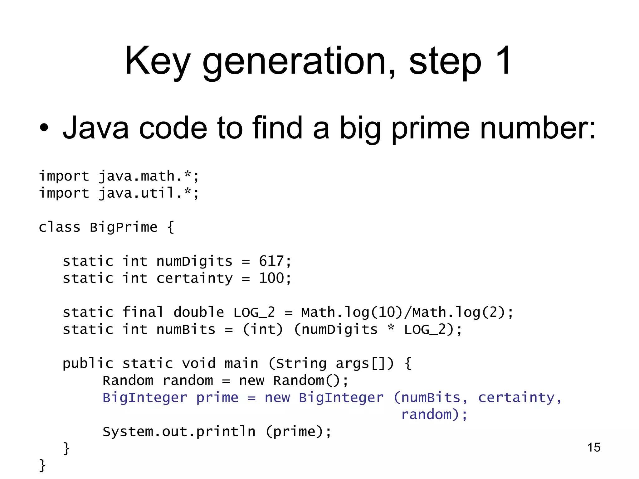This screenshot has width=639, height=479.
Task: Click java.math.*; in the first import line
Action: point(149,177)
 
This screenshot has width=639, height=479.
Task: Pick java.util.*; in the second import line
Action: point(149,193)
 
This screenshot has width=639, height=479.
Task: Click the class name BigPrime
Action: point(124,227)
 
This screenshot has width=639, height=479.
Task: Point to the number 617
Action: point(271,261)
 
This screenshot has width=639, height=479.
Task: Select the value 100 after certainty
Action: point(271,278)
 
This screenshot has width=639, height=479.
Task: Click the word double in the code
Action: point(199,312)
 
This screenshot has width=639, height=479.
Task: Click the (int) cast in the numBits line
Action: point(263,330)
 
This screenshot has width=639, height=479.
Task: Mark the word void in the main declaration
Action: point(199,364)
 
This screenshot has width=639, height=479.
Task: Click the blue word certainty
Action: point(516,398)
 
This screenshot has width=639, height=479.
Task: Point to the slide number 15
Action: point(594,448)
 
